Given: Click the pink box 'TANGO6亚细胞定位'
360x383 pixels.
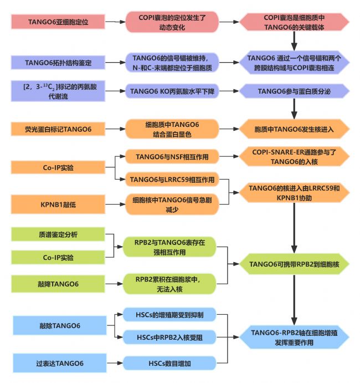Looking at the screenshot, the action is click(x=58, y=22).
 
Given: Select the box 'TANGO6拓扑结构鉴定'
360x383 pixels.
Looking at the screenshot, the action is click(x=58, y=63).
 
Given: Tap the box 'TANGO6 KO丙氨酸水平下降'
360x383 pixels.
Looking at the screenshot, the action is click(x=172, y=91).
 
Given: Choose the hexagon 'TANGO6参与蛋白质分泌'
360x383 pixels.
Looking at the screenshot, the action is click(x=294, y=91).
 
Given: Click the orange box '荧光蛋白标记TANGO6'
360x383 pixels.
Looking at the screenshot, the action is click(x=58, y=129).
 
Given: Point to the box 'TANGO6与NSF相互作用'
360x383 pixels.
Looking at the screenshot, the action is click(x=172, y=156).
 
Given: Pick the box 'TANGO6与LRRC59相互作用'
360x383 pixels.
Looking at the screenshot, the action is click(x=172, y=180).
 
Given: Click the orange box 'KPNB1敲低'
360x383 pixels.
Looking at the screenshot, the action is click(x=58, y=204).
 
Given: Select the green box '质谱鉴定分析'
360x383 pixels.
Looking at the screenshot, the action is click(x=58, y=234).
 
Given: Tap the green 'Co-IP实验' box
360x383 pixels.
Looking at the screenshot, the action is click(x=58, y=257).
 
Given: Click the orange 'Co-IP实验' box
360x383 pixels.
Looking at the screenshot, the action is click(x=58, y=167).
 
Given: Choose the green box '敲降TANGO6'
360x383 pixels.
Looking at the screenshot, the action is click(x=58, y=284).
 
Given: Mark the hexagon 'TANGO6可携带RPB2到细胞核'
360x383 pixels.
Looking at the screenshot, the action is click(x=294, y=264).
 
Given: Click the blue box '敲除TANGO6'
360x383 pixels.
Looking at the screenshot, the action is click(x=60, y=325).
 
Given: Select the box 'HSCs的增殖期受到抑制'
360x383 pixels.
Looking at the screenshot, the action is click(x=169, y=315).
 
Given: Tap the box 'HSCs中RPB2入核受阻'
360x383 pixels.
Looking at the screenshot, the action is click(x=169, y=338).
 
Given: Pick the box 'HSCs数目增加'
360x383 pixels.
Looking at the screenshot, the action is click(x=169, y=363).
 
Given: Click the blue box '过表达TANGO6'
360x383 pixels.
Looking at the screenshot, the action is click(x=60, y=363).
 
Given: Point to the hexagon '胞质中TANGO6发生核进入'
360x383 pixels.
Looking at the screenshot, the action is click(x=294, y=129).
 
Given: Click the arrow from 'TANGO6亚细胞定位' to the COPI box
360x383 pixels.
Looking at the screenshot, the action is click(x=115, y=22).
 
